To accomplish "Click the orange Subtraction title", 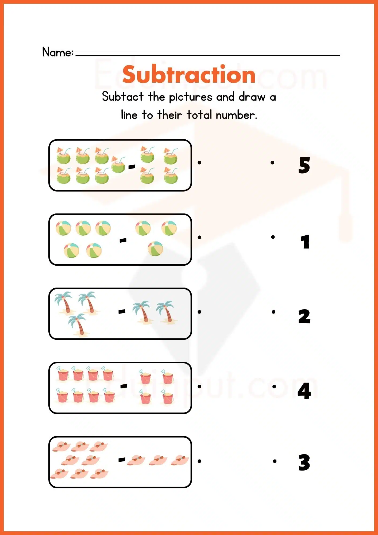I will point(189,75).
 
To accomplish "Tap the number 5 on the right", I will point(304,165).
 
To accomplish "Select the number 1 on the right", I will point(305,242).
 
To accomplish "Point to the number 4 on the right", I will point(304,391).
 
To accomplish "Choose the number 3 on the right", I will point(304,463).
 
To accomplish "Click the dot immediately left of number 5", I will point(272,162).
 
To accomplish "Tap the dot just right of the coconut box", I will point(199,162).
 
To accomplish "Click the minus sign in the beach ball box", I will point(123,241).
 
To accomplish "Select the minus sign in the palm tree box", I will point(122,311).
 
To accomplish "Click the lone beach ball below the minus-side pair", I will point(155,249).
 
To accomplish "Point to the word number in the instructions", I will point(236,115).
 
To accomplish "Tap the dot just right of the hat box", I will point(199,461).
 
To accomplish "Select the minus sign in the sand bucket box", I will point(124,386).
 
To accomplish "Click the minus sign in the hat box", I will point(122,460).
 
